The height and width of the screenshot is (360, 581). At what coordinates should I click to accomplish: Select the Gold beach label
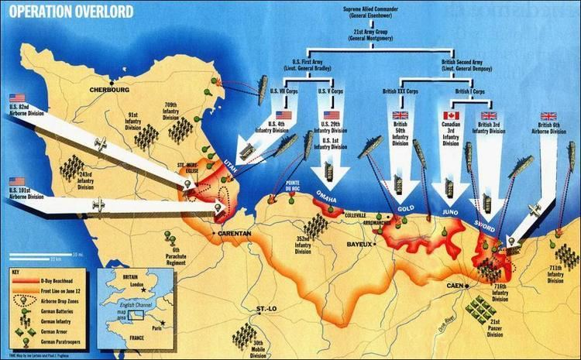(406, 209)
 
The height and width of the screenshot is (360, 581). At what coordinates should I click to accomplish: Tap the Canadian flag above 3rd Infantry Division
(450, 116)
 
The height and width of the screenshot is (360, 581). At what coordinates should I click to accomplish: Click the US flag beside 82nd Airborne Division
(17, 98)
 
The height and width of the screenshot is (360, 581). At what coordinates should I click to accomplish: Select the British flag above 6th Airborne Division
(536, 116)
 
